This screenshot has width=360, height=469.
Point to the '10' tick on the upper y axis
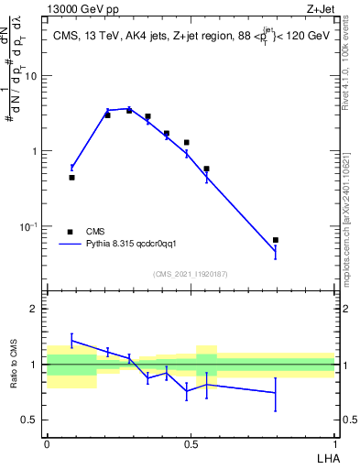tap(31, 76)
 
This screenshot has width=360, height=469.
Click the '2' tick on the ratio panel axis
tap(36, 309)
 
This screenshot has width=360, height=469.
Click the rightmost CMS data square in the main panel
tap(276, 240)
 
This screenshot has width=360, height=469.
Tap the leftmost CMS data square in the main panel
tap(71, 178)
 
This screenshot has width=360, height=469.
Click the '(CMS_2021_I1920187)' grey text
tap(190, 273)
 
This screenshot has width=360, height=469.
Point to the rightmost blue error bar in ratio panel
tap(276, 393)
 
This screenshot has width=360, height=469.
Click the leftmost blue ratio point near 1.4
tap(71, 341)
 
